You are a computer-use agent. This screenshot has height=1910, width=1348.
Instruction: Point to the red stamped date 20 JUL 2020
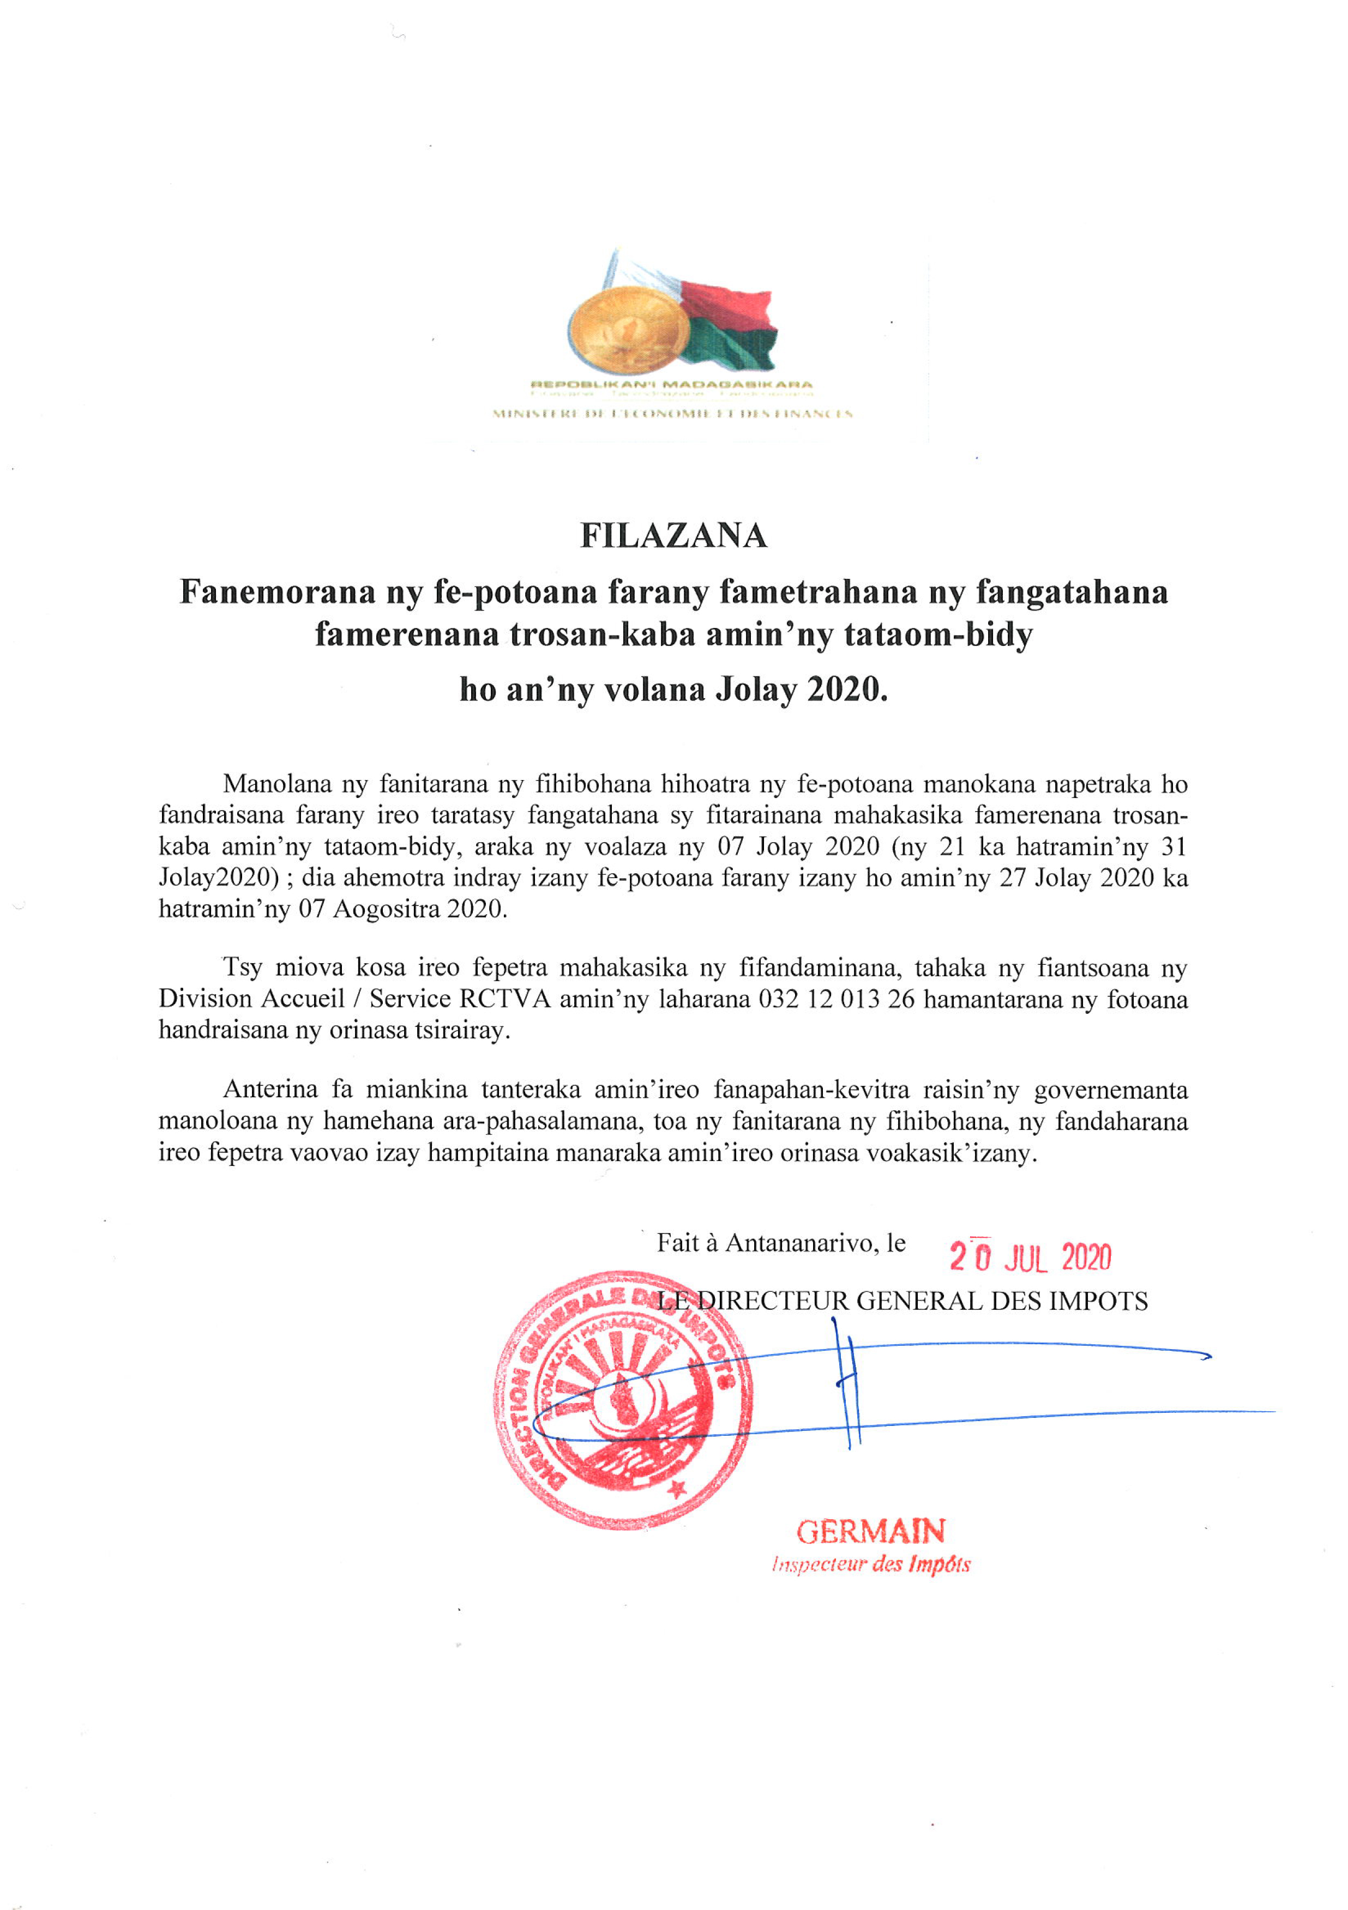(x=1030, y=1258)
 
